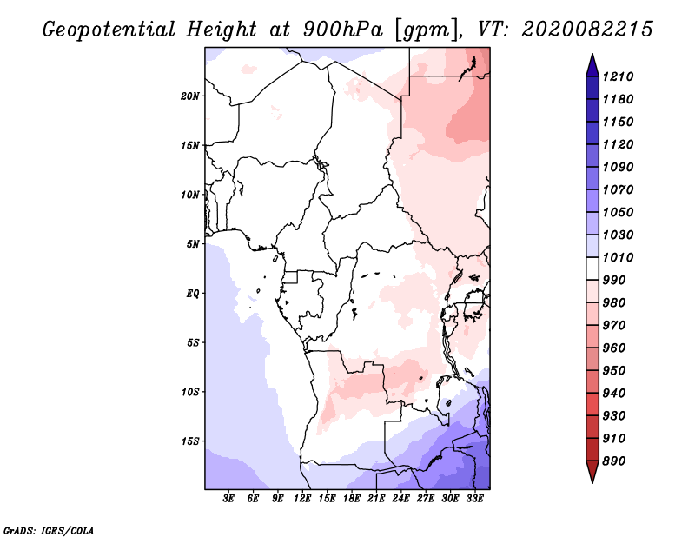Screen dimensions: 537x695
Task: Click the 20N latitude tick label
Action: (190, 96)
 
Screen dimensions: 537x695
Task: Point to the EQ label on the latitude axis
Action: (192, 293)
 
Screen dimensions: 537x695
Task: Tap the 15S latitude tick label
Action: (190, 441)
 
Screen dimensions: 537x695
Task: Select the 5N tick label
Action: (193, 243)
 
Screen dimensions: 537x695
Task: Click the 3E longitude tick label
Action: (229, 499)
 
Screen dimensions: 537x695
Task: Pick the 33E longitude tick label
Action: (475, 499)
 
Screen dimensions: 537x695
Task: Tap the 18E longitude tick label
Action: (352, 499)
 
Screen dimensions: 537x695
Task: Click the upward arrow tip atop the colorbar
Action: (591, 56)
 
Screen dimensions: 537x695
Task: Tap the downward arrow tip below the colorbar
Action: (591, 480)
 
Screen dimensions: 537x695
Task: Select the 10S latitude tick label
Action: (190, 391)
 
